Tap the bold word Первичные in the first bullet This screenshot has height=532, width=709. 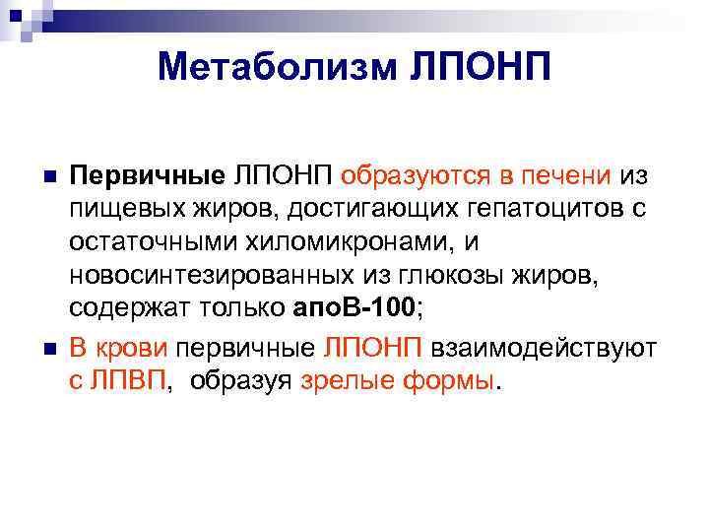[148, 176]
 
